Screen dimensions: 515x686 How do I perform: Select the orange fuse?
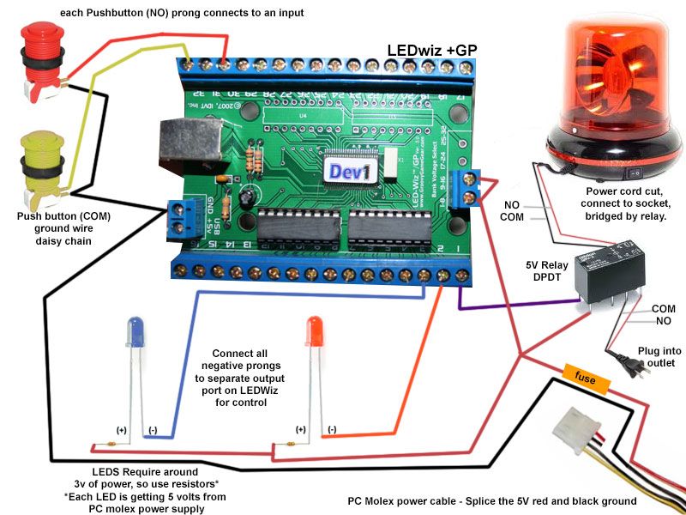click(x=586, y=375)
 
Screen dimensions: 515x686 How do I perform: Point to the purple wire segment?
click(x=514, y=306)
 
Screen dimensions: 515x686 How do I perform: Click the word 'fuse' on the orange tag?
click(x=586, y=375)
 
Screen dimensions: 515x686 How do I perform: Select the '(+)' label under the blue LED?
click(x=121, y=429)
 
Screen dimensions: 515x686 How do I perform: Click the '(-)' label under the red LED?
click(x=331, y=429)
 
